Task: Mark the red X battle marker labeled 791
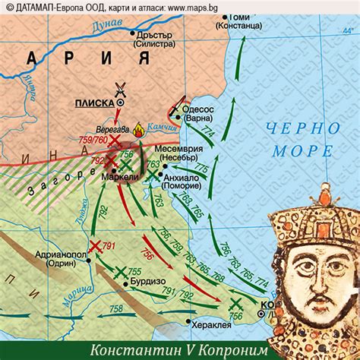pyautogui.click(x=95, y=245)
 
